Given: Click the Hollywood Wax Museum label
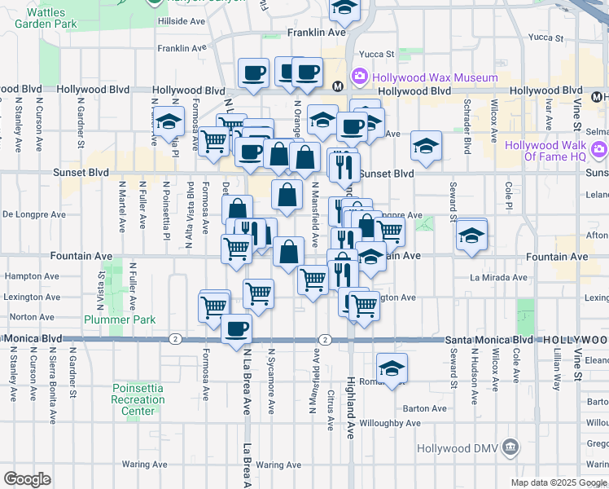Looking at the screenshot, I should click(x=436, y=77).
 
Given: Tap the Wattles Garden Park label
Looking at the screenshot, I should click(x=46, y=18).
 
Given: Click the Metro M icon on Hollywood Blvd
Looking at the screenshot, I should click(x=337, y=85).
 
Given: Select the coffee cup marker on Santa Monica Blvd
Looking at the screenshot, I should click(x=236, y=329).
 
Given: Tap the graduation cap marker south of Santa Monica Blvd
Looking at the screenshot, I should click(x=392, y=368).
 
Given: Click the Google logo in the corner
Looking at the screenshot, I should click(x=26, y=479).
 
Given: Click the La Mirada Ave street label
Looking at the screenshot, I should click(x=497, y=277).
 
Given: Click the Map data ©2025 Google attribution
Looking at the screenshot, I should click(x=558, y=482).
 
